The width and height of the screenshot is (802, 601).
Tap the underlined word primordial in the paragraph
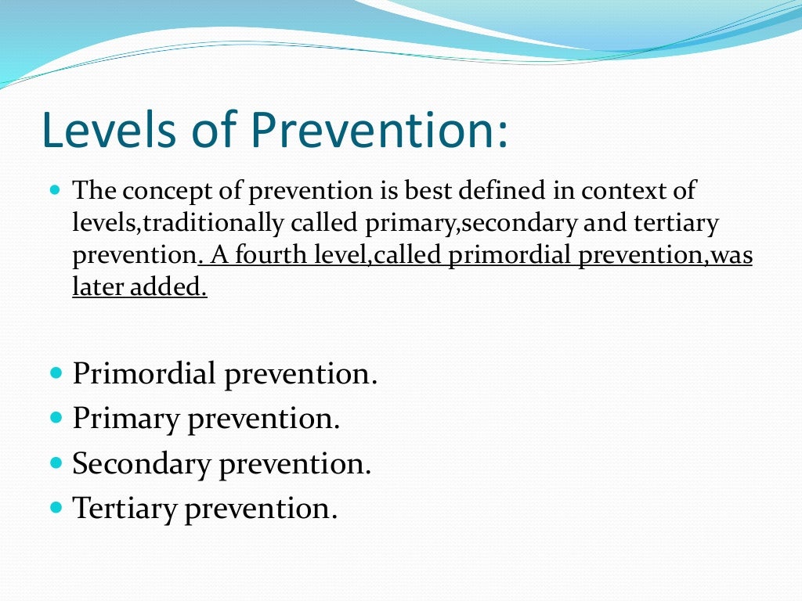coord(512,256)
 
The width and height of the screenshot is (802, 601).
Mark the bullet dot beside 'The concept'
coord(54,190)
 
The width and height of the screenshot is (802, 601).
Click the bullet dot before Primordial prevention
coord(55,372)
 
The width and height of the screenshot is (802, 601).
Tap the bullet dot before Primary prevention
coord(55,418)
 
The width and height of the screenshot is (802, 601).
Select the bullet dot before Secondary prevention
coord(55,463)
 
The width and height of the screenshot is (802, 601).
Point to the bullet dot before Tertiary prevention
coord(55,508)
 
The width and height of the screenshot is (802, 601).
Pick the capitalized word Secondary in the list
coord(142,464)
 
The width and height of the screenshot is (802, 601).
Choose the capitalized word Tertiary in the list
coord(125,509)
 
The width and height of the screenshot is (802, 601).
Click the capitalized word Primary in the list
coord(126,419)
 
